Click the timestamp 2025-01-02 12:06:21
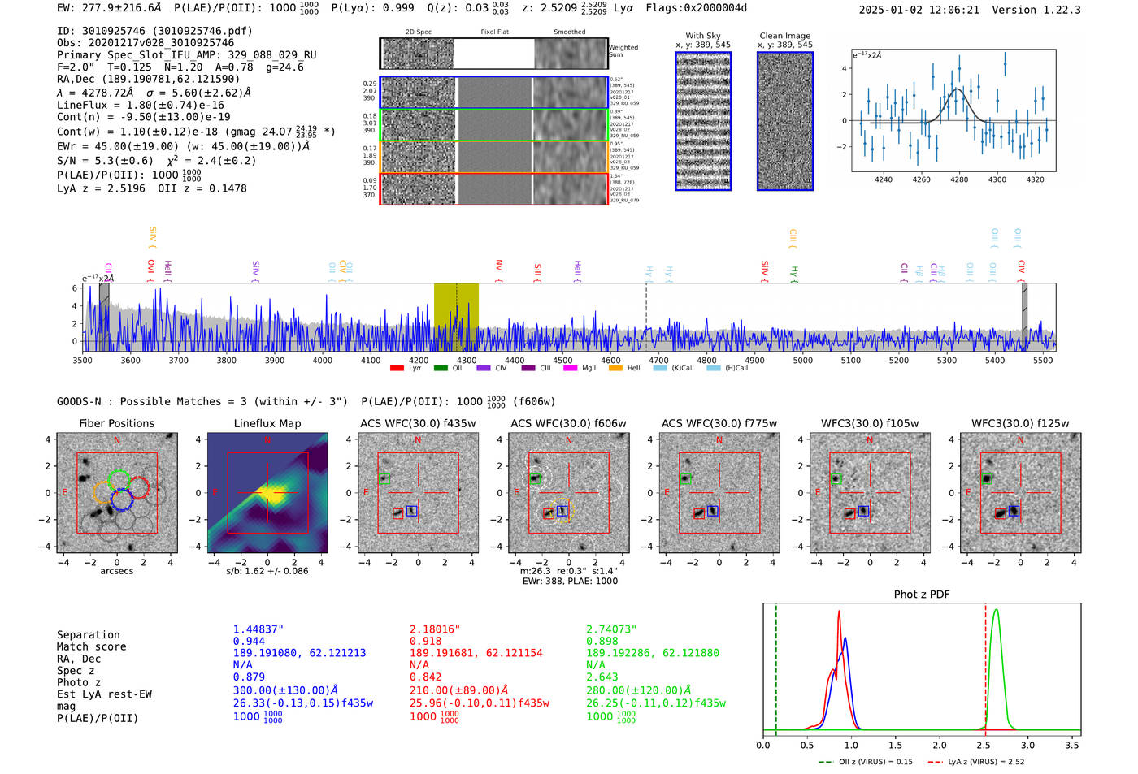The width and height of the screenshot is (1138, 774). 919,10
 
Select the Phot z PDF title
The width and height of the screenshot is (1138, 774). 922,595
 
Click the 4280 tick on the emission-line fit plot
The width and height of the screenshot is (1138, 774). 959,179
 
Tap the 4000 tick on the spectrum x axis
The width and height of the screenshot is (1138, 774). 323,361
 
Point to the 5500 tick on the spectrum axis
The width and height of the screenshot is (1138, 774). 1043,361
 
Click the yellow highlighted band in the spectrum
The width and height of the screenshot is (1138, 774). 456,317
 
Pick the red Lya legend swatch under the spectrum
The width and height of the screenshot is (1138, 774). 397,369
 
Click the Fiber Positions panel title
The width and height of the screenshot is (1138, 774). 116,423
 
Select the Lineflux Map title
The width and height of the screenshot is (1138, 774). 267,423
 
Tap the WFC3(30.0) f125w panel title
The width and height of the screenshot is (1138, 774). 1020,423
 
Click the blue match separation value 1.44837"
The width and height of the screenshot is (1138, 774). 258,629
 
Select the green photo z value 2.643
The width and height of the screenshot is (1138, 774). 602,677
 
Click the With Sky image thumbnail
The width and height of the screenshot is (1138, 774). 703,122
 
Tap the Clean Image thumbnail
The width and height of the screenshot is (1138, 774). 785,122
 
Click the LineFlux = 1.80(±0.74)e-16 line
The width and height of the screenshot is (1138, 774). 141,105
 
